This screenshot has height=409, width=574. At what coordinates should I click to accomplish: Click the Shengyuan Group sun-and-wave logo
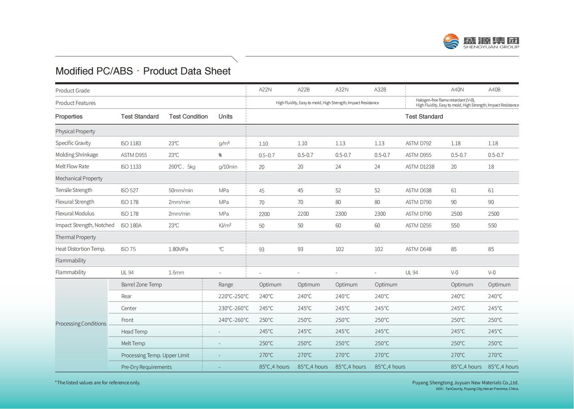[451, 41]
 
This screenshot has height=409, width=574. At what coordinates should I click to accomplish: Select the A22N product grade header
[265, 89]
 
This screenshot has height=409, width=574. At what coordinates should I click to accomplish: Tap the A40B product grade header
[494, 89]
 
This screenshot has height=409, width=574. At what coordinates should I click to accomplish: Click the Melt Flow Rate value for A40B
[491, 167]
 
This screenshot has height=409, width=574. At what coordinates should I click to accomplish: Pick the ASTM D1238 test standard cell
[420, 167]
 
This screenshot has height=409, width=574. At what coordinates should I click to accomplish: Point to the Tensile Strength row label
[74, 190]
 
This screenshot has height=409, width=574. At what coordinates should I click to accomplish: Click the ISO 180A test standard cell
[131, 225]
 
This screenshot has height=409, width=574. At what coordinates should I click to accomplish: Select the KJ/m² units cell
[225, 225]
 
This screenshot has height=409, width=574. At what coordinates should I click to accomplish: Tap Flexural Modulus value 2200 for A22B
[303, 214]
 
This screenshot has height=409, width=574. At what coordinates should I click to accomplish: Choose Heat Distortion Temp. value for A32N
[339, 249]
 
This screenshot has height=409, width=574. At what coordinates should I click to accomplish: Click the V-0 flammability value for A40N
[454, 272]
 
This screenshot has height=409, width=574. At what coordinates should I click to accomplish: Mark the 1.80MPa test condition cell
[178, 249]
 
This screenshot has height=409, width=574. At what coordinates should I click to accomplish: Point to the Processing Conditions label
[81, 324]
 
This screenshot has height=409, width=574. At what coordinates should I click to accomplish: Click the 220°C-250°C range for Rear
[234, 296]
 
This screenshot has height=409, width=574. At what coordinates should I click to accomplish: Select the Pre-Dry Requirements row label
[146, 367]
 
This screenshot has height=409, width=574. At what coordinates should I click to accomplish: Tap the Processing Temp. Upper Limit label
[155, 355]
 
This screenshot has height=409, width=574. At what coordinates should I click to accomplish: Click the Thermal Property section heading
[76, 237]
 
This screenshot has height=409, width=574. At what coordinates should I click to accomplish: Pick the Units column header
[226, 117]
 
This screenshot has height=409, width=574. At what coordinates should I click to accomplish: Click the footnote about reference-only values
[98, 383]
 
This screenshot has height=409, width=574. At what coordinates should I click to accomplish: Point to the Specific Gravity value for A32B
[379, 143]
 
